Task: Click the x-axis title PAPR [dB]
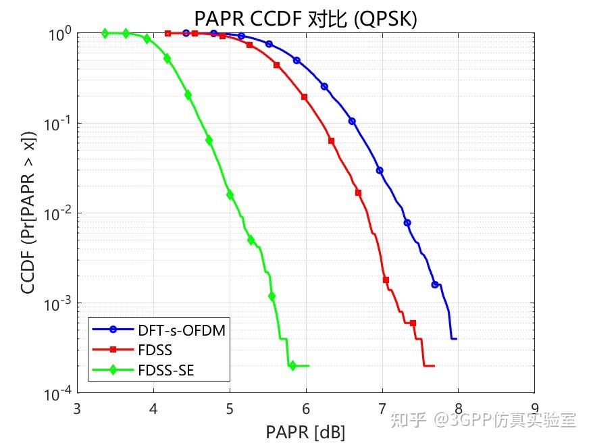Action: point(306,431)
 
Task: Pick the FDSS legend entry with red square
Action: point(155,350)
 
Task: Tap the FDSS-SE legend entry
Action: point(170,369)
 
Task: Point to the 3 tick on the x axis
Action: point(78,407)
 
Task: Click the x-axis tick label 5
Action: point(230,407)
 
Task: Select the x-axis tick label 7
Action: point(382,407)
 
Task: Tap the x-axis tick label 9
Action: point(534,407)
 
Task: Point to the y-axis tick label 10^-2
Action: point(59,214)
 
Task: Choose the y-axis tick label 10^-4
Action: point(59,394)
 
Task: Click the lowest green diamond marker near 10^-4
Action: point(292,366)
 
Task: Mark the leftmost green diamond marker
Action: point(105,33)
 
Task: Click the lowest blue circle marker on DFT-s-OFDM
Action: point(435,284)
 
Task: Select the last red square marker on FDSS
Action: point(413,323)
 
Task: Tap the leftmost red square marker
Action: point(168,33)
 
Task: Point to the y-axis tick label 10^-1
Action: point(59,124)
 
